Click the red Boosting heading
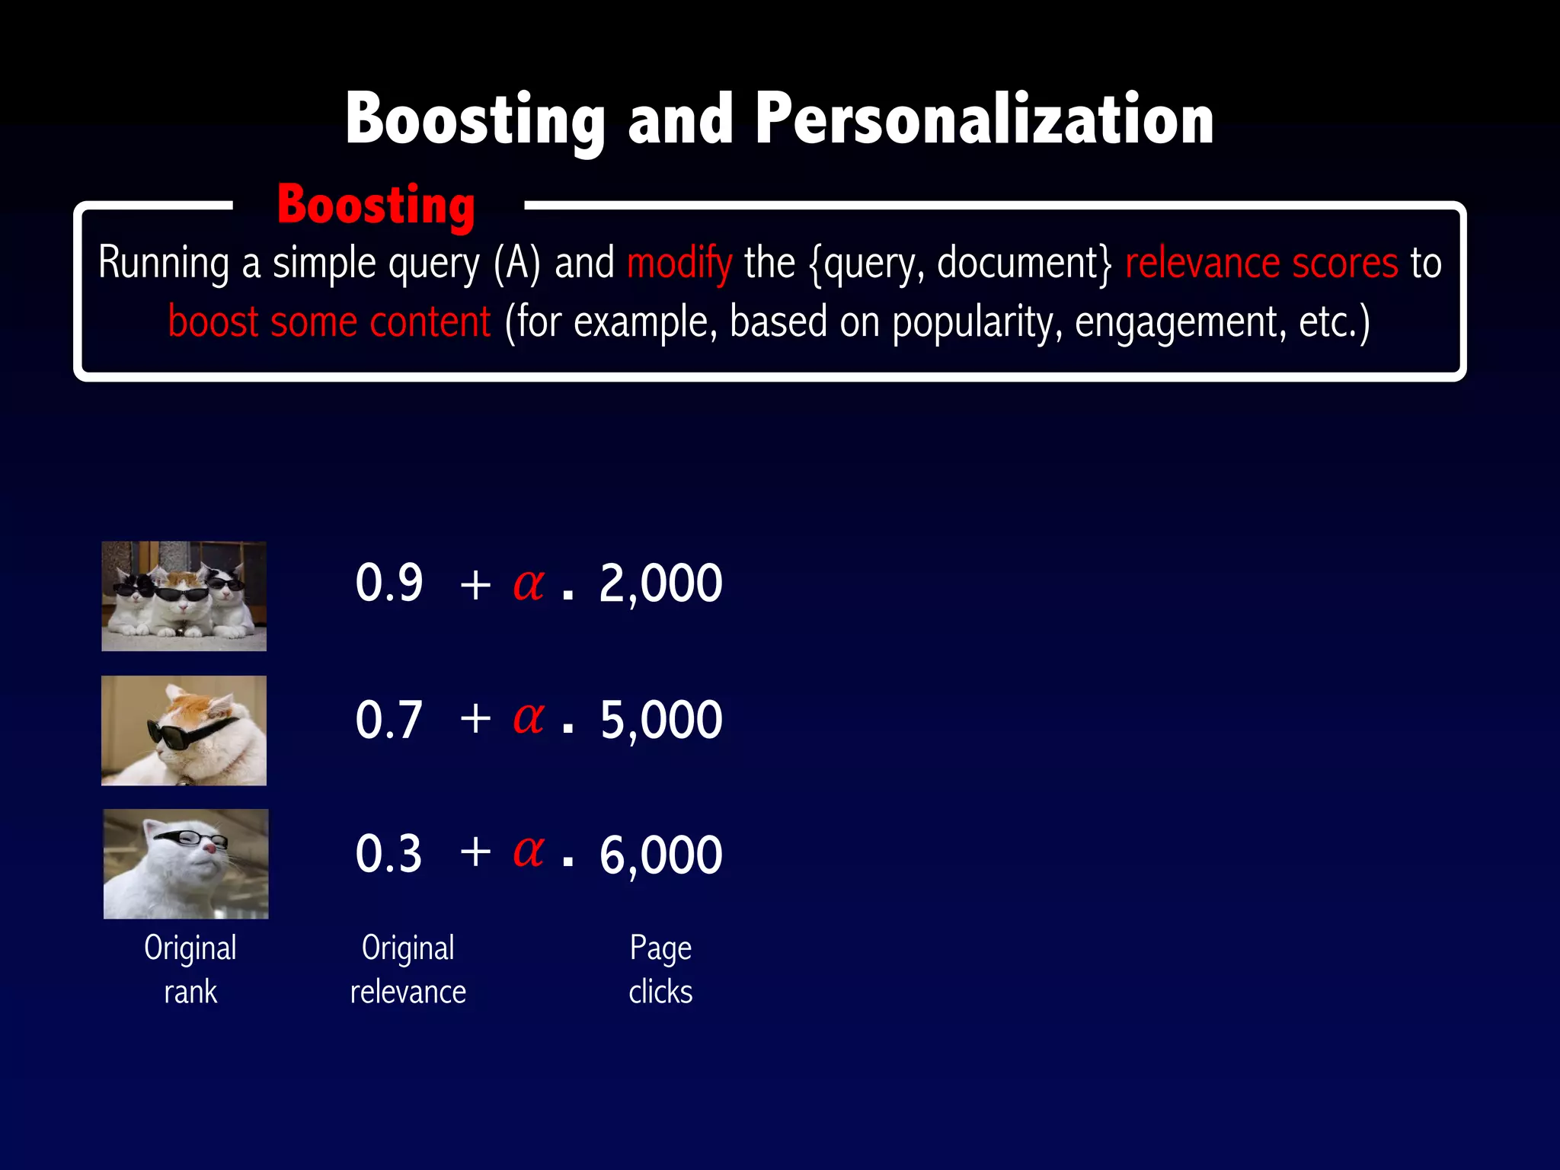(x=376, y=206)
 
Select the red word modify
(x=679, y=264)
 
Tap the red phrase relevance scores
(x=1261, y=264)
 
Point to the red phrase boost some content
(x=329, y=322)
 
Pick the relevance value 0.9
(x=388, y=583)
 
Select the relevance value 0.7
(x=388, y=719)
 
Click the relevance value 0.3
(x=388, y=853)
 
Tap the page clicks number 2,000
(x=660, y=584)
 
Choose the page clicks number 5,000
(x=660, y=720)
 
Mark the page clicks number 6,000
(x=660, y=855)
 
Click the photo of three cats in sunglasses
(x=184, y=596)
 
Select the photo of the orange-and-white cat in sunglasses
(x=184, y=730)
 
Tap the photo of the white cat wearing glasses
(x=186, y=864)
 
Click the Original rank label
(x=190, y=970)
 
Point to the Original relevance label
(x=408, y=970)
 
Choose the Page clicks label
(x=660, y=970)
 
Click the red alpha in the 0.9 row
(x=529, y=584)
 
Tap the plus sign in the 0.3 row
(x=475, y=852)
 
